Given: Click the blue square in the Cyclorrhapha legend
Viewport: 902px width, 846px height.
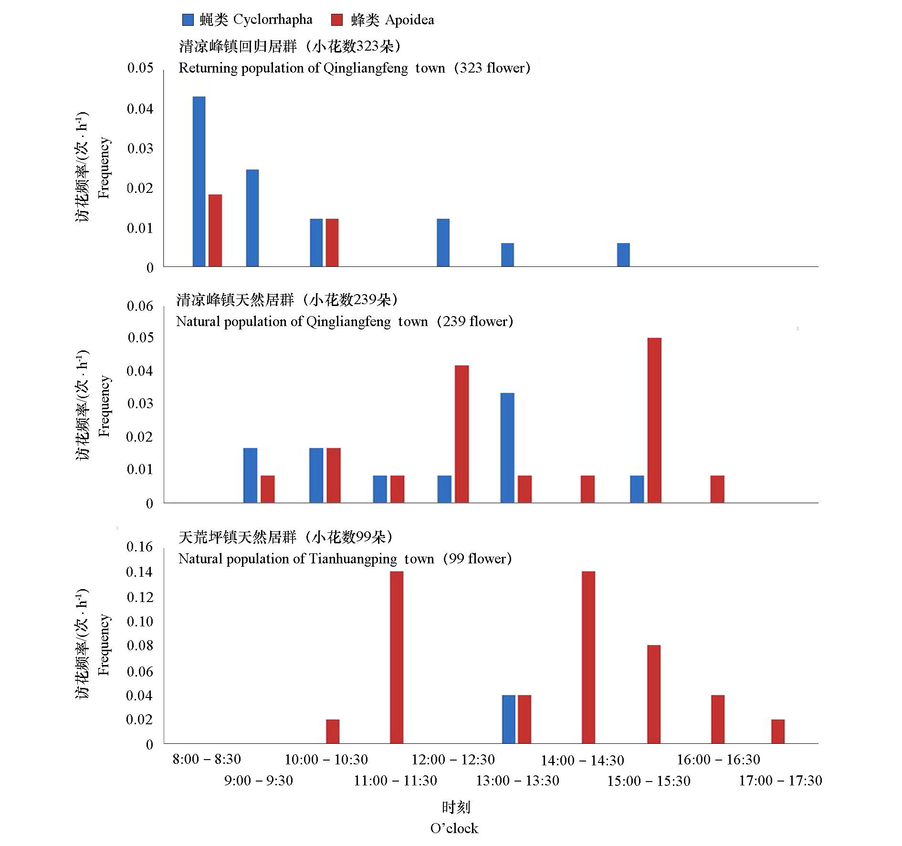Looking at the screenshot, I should click(x=188, y=20).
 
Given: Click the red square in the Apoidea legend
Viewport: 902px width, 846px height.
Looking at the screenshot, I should click(x=337, y=20).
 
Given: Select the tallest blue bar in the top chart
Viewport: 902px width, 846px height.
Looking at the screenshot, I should click(x=199, y=181).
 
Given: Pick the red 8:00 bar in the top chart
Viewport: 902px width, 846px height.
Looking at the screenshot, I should click(x=215, y=230).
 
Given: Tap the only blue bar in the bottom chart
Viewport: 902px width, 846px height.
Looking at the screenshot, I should click(x=509, y=719).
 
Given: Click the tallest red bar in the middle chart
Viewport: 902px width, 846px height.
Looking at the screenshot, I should click(x=654, y=420).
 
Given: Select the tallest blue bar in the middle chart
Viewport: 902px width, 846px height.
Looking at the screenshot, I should click(x=507, y=448).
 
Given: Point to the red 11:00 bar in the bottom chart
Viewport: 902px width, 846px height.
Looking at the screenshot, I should click(x=397, y=657).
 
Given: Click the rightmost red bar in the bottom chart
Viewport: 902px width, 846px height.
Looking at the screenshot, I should click(x=778, y=731).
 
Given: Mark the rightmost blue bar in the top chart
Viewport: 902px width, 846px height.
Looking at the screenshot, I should click(x=623, y=254).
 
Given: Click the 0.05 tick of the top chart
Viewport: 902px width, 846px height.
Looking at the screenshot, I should click(x=140, y=68).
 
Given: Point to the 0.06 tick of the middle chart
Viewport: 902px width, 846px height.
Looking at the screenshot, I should click(x=140, y=306).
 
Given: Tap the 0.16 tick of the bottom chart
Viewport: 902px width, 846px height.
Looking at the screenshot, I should click(x=139, y=547).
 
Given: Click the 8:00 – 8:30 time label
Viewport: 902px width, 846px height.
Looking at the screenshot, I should click(x=207, y=759).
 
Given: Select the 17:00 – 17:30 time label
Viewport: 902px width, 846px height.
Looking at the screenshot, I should click(x=780, y=781).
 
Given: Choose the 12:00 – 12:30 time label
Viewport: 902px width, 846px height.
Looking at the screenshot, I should click(x=453, y=760).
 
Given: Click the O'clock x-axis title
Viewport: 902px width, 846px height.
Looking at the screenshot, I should click(x=454, y=828).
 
